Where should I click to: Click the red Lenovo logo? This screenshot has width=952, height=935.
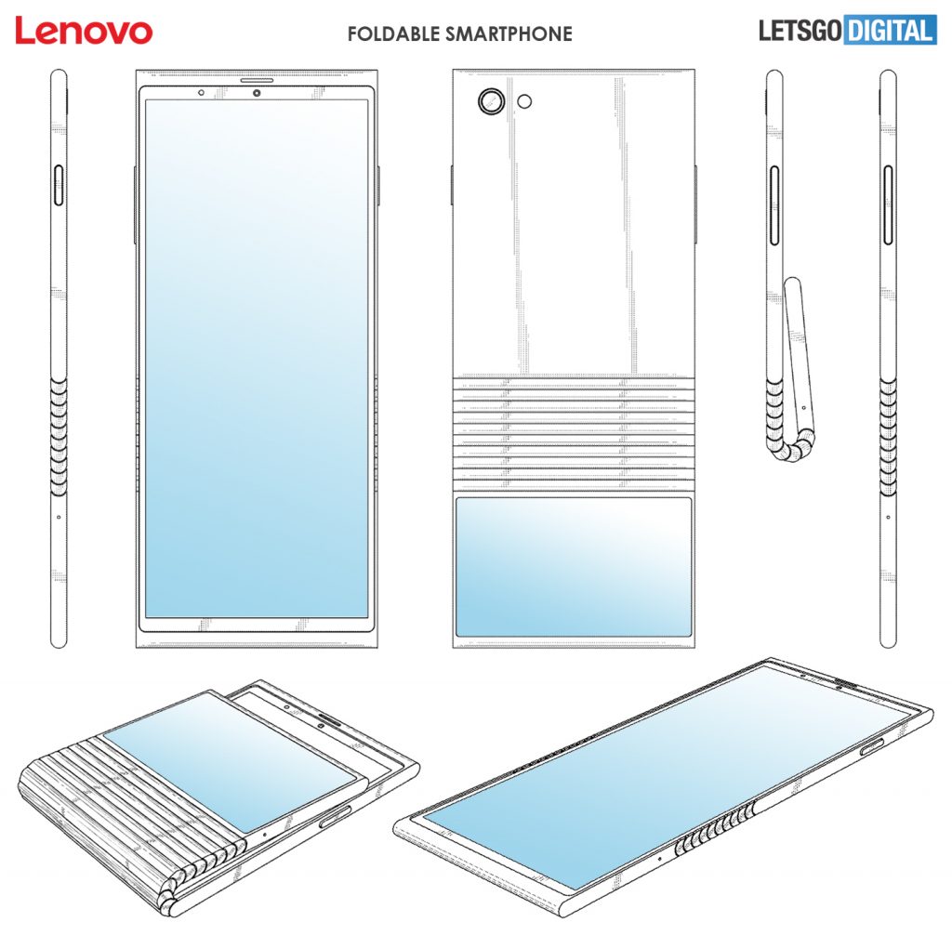pos(84,31)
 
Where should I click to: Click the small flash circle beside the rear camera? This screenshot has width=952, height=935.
pos(526,100)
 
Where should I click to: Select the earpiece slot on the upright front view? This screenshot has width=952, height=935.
pos(257,82)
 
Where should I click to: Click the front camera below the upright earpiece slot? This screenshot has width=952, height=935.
pos(256,93)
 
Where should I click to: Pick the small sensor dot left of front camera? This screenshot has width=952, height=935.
pos(201,93)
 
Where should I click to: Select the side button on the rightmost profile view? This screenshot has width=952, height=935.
pos(888,195)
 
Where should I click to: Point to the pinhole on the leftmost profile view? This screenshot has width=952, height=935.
pos(59,516)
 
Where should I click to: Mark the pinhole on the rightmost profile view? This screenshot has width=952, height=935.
pos(888,516)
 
